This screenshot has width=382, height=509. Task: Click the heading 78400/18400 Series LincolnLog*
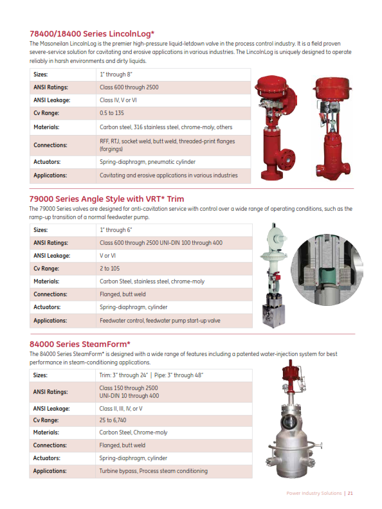click(92, 33)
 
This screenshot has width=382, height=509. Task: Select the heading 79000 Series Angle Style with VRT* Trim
click(106, 199)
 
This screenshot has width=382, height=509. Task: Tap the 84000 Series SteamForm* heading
click(80, 344)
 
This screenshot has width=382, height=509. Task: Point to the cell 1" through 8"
click(116, 75)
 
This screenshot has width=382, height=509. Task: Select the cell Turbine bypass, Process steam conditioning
click(153, 471)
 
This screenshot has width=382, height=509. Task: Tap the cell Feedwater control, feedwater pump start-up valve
click(159, 320)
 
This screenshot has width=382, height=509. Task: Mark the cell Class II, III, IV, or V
click(121, 408)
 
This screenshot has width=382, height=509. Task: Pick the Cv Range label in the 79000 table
click(46, 269)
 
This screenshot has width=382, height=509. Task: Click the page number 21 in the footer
click(350, 493)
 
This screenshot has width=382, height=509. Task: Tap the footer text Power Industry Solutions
click(314, 493)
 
